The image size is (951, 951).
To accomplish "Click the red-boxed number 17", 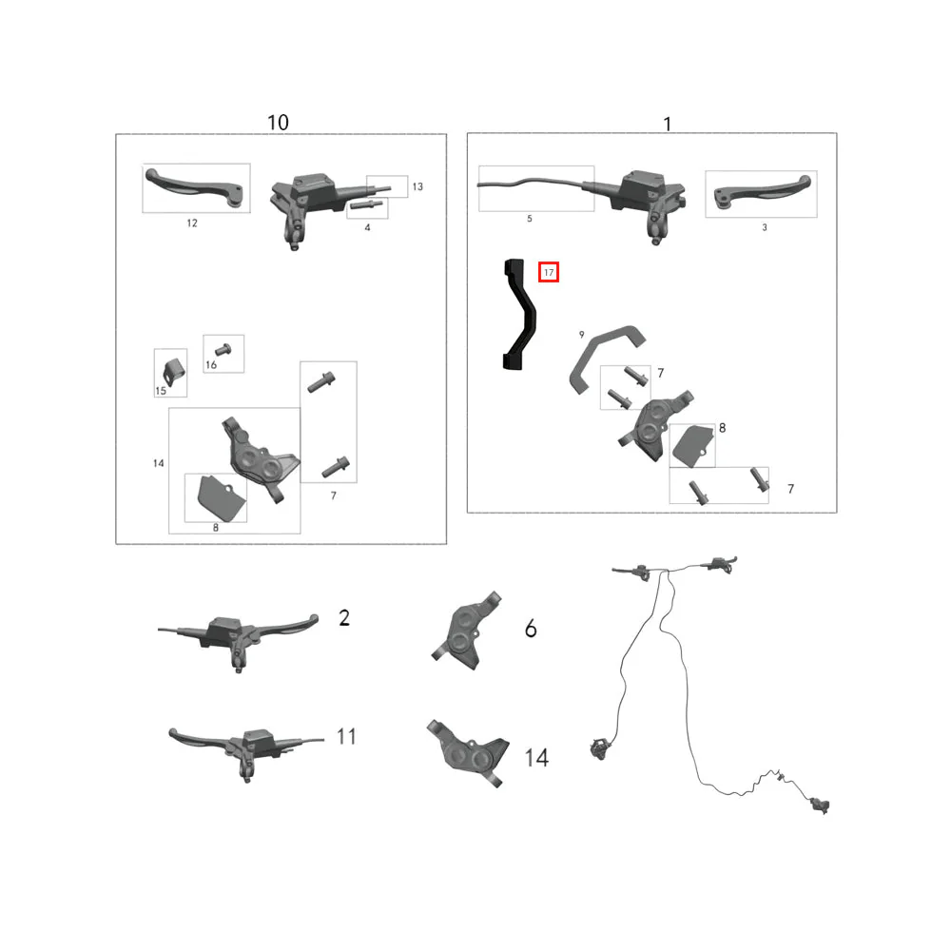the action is pos(549,272).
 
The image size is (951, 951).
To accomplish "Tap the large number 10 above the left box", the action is pos(278,123).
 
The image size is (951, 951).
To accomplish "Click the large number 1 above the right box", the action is pos(668,125).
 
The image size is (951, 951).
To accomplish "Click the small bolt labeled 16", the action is pos(223,349).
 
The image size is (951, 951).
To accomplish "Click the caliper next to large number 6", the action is pos(466,631).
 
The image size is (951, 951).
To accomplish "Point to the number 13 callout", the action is pos(417,186).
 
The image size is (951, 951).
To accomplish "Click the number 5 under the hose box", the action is pos(530,219).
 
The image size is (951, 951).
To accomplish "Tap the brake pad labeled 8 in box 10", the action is pos(222,497).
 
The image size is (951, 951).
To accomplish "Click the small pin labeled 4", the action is pos(366,205).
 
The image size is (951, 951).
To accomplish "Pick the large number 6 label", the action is pos(531,629).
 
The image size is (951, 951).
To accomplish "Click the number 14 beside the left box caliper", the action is pos(158,463).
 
